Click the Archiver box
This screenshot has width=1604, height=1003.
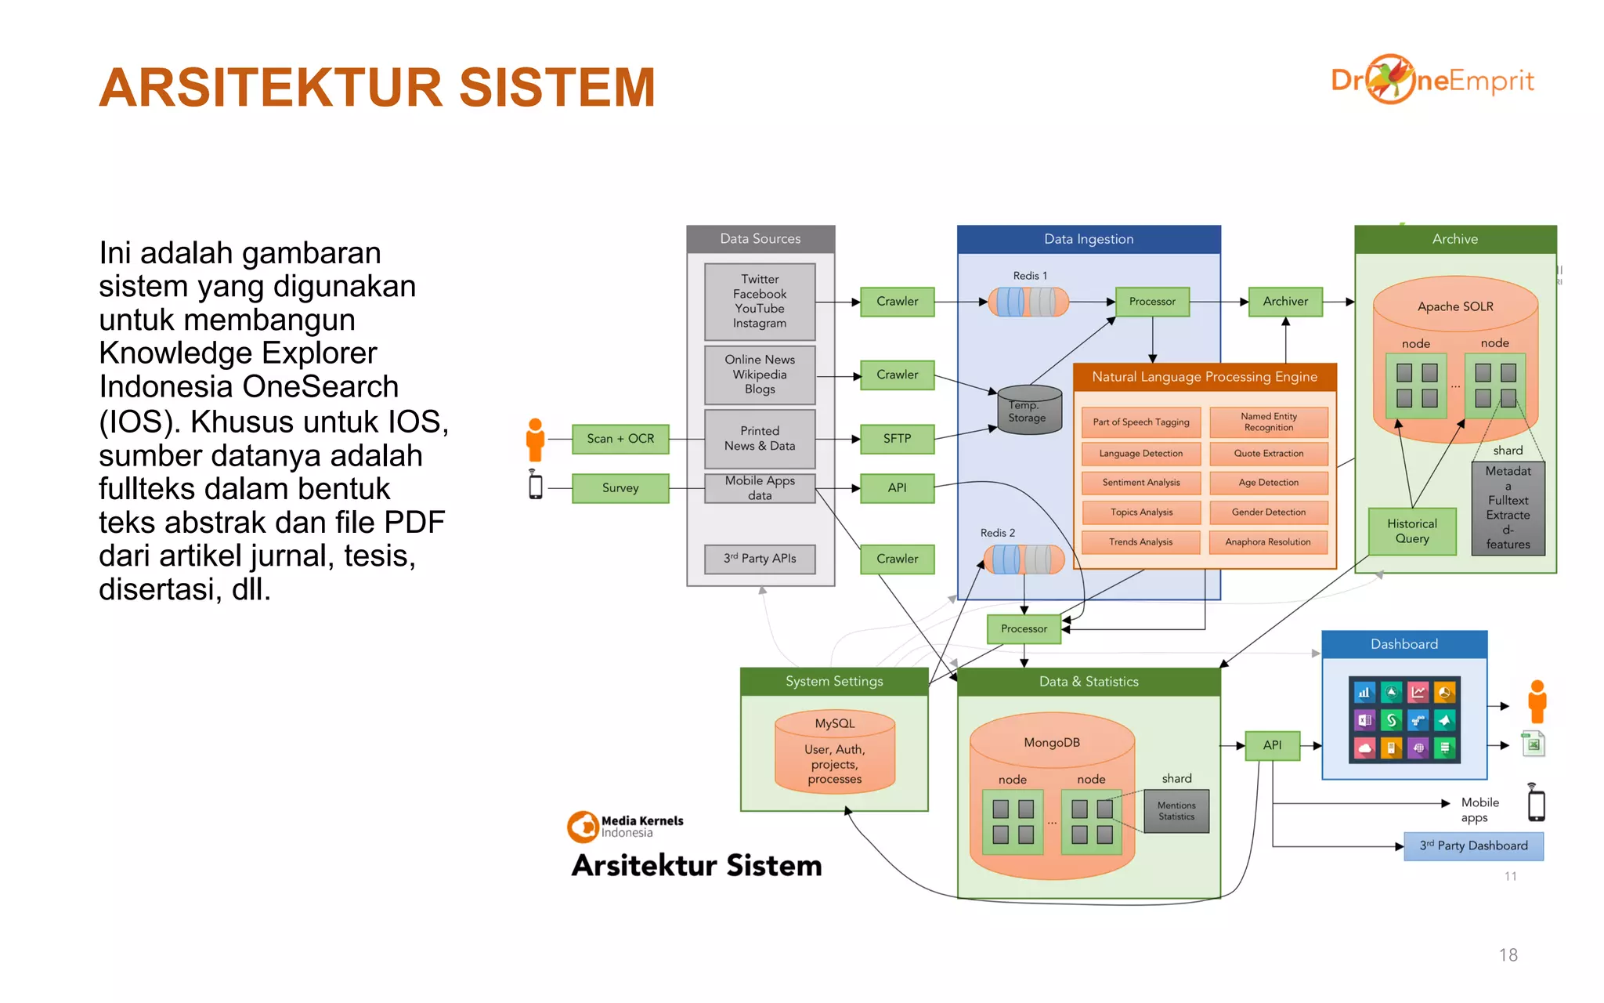[x=1284, y=301]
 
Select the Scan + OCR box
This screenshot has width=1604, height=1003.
[x=620, y=439]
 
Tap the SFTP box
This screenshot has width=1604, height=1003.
[x=897, y=439]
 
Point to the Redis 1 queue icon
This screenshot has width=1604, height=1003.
[x=1028, y=302]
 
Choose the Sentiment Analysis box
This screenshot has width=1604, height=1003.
[x=1140, y=483]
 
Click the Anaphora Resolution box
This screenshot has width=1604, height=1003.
[x=1268, y=542]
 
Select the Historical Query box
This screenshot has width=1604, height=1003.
[x=1411, y=531]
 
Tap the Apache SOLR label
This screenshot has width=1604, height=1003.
[x=1455, y=306]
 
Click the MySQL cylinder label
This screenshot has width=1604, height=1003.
[x=834, y=723]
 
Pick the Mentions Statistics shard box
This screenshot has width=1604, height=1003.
[x=1176, y=811]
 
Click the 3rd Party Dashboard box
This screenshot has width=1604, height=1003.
[x=1473, y=846]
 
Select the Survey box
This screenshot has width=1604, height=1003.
[x=620, y=488]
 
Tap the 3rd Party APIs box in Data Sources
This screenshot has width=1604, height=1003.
[x=760, y=559]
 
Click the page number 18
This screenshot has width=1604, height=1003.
[x=1508, y=955]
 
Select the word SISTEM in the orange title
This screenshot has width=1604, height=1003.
[x=557, y=88]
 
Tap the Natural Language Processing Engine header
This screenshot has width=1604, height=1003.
[x=1204, y=377]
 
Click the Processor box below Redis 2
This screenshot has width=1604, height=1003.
[x=1024, y=628]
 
